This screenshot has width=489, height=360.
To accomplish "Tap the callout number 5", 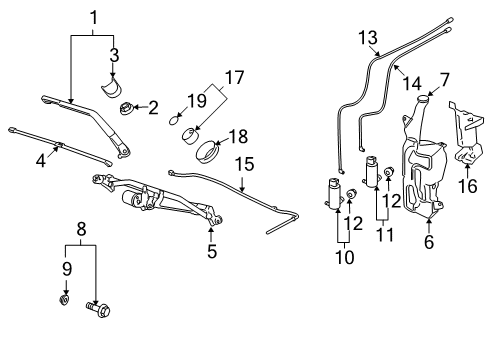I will point(212,251).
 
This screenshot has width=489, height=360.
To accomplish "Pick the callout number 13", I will point(369,38).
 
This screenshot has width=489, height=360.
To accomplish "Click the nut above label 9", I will point(65,297).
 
